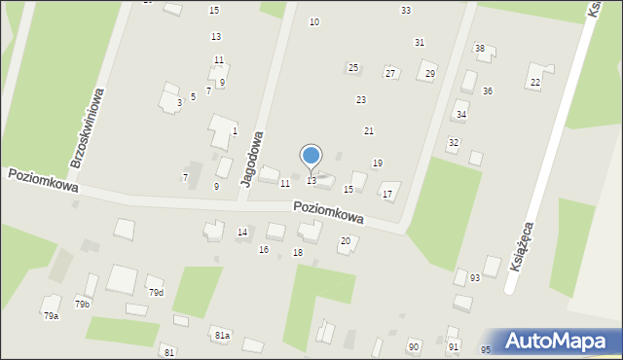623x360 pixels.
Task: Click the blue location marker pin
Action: click(311, 157)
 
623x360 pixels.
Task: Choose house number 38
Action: click(479, 49)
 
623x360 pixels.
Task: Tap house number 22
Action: click(535, 83)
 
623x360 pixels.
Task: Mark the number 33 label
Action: click(405, 11)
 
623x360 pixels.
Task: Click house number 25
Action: click(353, 67)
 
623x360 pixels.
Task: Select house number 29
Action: click(430, 74)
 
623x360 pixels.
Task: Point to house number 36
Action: click(487, 90)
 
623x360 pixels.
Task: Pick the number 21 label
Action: click(369, 130)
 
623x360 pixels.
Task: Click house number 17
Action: click(387, 195)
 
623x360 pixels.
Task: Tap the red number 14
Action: click(242, 232)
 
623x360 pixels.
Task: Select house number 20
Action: click(345, 240)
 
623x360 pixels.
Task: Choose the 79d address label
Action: click(156, 292)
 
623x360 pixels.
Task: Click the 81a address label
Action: click(222, 335)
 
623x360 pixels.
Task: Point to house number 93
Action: click(474, 278)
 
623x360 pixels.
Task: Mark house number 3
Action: click(179, 102)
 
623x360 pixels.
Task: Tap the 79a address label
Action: click(51, 315)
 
